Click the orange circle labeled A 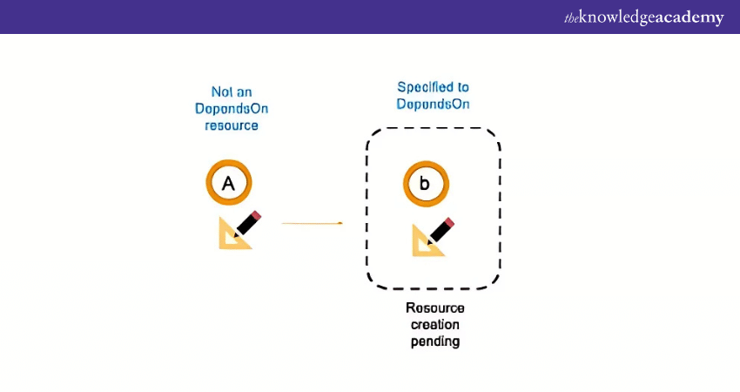pyautogui.click(x=229, y=184)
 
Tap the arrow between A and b pyautogui.click(x=312, y=223)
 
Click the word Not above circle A pyautogui.click(x=220, y=91)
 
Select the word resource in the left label pyautogui.click(x=232, y=125)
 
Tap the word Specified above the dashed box pyautogui.click(x=426, y=87)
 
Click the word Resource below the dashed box pyautogui.click(x=435, y=308)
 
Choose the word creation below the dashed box pyautogui.click(x=435, y=324)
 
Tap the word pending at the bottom pyautogui.click(x=435, y=341)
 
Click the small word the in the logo pyautogui.click(x=572, y=18)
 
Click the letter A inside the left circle pyautogui.click(x=229, y=184)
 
